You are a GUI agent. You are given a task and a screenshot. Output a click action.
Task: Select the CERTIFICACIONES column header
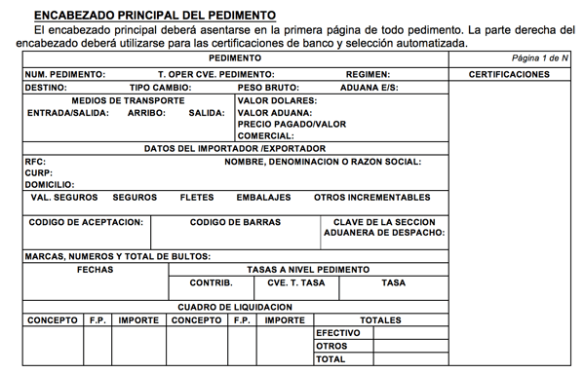coord(508,74)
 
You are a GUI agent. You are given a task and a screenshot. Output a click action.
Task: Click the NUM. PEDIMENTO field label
coord(65,74)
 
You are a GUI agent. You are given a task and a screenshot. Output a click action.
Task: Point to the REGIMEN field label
coord(368,74)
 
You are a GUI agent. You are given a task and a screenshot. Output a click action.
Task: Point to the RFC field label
coord(34,162)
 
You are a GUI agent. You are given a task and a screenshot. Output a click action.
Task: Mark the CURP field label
coord(38,172)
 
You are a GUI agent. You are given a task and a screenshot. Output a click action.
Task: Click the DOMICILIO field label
coord(50,184)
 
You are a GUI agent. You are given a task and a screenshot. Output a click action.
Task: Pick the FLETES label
coord(197,197)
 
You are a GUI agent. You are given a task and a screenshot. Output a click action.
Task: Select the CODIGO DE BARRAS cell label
coord(235,222)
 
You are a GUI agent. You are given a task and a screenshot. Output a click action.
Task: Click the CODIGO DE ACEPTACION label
coord(86,222)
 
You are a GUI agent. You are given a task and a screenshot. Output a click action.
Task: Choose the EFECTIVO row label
coord(338,332)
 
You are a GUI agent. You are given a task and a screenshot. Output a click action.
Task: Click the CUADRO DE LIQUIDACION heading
coord(234,307)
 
